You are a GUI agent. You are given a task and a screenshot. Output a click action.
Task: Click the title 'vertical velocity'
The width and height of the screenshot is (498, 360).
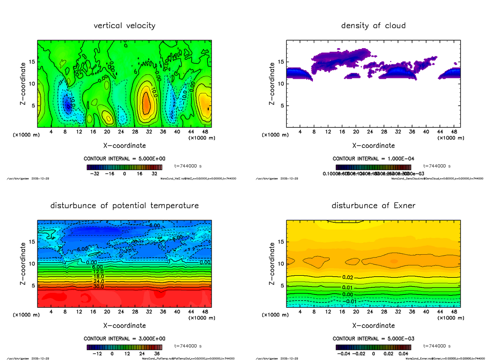click(124, 26)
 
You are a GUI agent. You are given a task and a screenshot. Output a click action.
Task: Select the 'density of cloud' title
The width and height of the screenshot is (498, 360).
click(373, 26)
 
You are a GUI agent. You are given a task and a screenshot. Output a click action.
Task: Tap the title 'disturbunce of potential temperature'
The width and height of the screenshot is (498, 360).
click(124, 206)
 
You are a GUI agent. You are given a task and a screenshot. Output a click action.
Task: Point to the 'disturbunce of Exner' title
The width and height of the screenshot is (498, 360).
click(373, 206)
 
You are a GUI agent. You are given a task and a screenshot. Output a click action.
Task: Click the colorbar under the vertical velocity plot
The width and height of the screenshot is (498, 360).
click(124, 168)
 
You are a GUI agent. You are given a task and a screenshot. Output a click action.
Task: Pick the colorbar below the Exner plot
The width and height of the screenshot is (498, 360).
click(373, 347)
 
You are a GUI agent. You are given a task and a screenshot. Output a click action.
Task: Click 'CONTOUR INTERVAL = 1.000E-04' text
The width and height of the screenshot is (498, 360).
click(373, 159)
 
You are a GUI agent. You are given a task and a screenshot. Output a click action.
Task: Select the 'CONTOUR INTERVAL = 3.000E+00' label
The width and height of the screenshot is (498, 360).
click(124, 338)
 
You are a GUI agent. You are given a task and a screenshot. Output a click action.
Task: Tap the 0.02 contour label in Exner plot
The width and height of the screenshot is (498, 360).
click(348, 277)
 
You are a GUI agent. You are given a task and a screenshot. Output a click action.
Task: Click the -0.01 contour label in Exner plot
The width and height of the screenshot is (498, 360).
click(351, 301)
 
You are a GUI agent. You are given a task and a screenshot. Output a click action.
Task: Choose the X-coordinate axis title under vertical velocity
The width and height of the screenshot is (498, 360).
click(124, 146)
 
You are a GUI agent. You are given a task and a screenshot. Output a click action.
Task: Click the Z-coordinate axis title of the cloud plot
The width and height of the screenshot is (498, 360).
click(272, 84)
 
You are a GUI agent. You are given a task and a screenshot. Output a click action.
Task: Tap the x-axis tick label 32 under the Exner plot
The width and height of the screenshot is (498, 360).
click(398, 311)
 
